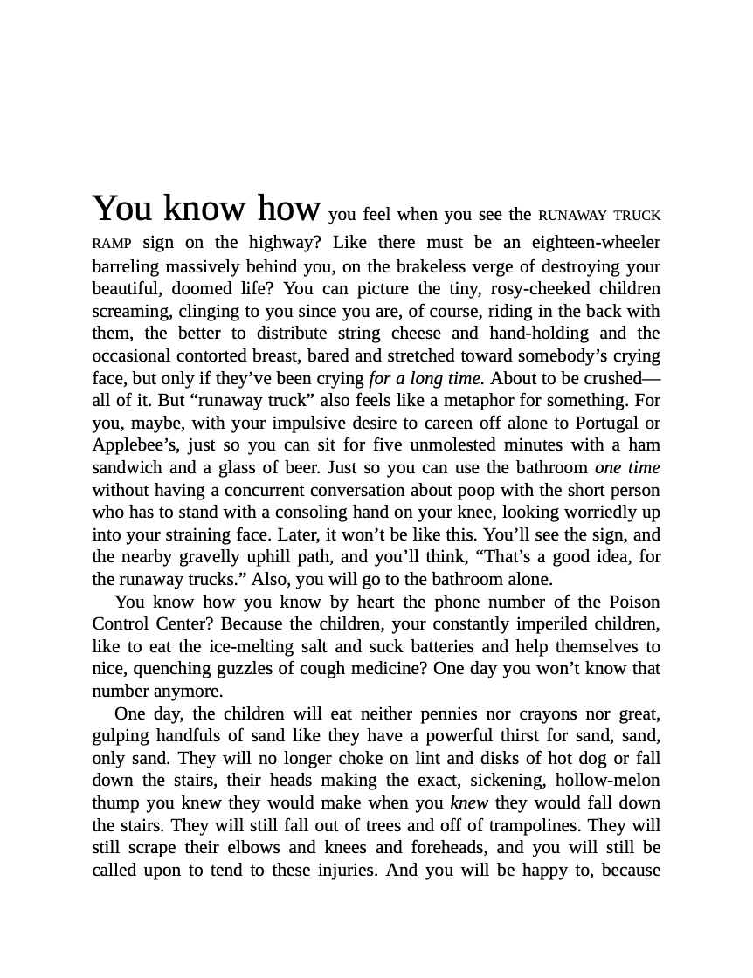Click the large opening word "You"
122,210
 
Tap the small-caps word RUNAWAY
572,216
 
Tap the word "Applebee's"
128,445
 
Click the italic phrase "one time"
627,468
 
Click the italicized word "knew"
469,803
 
